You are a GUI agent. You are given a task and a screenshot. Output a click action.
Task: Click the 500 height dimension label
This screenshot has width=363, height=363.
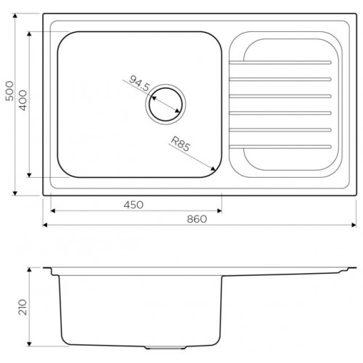9,91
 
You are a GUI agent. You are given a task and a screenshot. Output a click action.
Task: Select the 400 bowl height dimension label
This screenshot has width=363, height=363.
23,100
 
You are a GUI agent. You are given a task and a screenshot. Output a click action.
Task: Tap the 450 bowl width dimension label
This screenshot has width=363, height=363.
134,205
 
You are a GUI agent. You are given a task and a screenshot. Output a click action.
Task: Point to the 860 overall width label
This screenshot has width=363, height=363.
197,219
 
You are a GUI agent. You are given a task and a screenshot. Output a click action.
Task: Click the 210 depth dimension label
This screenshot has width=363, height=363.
23,307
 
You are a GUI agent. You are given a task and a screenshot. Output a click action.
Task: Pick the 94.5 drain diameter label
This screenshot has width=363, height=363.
139,83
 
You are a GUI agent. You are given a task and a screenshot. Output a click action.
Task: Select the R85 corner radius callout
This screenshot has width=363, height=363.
181,144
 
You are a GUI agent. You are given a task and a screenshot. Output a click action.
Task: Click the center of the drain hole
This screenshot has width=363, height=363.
166,105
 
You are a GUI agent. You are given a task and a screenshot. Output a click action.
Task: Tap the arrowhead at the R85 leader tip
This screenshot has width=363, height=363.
213,168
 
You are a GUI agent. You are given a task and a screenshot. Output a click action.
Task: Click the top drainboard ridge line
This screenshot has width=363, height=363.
280,62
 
